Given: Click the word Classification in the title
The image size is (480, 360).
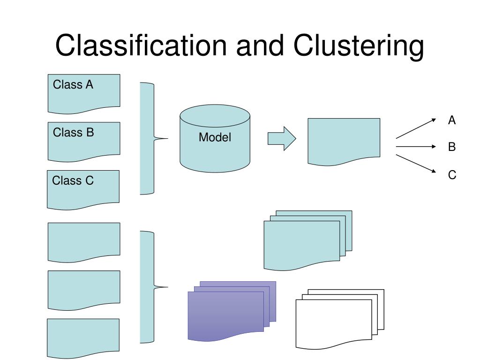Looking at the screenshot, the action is pyautogui.click(x=141, y=45).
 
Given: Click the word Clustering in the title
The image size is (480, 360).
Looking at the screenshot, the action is pyautogui.click(x=359, y=46).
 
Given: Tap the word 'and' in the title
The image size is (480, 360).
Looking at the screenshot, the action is pyautogui.click(x=260, y=45).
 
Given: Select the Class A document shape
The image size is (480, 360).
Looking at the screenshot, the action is pyautogui.click(x=84, y=94).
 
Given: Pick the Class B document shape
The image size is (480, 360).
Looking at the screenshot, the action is pyautogui.click(x=84, y=142).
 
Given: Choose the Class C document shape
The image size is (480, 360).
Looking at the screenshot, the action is pyautogui.click(x=83, y=190).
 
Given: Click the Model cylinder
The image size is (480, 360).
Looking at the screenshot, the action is pyautogui.click(x=215, y=138).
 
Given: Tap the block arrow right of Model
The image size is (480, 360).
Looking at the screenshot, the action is pyautogui.click(x=282, y=138).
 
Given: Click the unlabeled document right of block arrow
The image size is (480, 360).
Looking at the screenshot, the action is pyautogui.click(x=344, y=142).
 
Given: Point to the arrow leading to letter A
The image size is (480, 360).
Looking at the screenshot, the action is pyautogui.click(x=416, y=128).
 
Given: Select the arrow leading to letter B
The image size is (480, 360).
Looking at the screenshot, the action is pyautogui.click(x=416, y=147).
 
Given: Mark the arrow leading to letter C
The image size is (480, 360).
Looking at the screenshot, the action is pyautogui.click(x=416, y=164).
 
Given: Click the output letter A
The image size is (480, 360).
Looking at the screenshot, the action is pyautogui.click(x=452, y=120).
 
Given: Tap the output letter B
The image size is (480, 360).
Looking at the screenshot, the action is pyautogui.click(x=452, y=147).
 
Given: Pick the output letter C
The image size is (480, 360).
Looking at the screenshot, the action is pyautogui.click(x=452, y=175).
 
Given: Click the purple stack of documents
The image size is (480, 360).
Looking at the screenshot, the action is pyautogui.click(x=232, y=311).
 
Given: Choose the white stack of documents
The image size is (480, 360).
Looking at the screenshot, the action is pyautogui.click(x=340, y=319).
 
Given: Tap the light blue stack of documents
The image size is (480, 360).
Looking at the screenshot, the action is pyautogui.click(x=307, y=240).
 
